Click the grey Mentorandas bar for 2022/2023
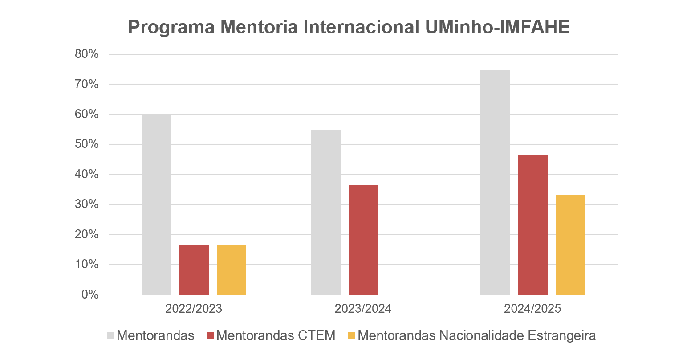156,205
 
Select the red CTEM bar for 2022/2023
194,270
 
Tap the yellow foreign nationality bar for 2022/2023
232,270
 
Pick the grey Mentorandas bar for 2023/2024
325,212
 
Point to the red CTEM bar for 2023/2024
363,240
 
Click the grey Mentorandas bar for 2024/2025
495,182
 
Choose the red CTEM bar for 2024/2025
532,225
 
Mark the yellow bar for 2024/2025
570,245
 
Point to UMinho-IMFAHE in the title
497,28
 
